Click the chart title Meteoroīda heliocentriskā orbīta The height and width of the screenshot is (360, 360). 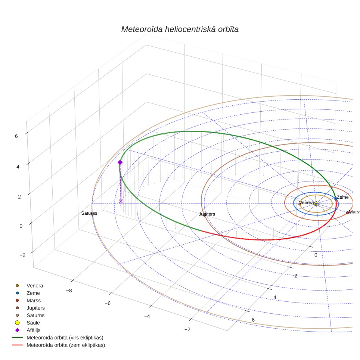tap(180, 30)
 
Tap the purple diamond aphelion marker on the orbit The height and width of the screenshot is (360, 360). tap(120, 162)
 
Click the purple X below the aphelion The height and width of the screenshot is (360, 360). tap(121, 201)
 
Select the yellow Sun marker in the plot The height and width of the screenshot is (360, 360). tap(316, 204)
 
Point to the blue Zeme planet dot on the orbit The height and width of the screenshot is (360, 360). tap(336, 199)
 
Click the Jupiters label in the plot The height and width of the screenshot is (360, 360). tap(207, 214)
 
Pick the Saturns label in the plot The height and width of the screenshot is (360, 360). tap(89, 213)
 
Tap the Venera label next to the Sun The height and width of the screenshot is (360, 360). tap(307, 202)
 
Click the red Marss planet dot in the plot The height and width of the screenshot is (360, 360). tap(347, 213)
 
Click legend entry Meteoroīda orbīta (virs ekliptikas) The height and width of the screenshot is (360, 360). tap(58, 338)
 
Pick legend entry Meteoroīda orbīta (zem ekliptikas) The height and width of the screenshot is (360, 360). tap(59, 345)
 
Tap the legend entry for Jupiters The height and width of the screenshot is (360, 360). tap(30, 308)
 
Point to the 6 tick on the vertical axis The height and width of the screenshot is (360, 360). tap(16, 136)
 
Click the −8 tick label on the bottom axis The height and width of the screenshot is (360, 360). tap(69, 291)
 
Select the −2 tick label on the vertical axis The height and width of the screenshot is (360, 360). tap(22, 255)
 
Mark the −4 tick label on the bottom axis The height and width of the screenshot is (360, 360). tap(147, 316)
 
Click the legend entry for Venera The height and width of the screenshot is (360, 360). tap(29, 286)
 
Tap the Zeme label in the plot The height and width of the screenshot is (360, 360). tap(342, 197)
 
